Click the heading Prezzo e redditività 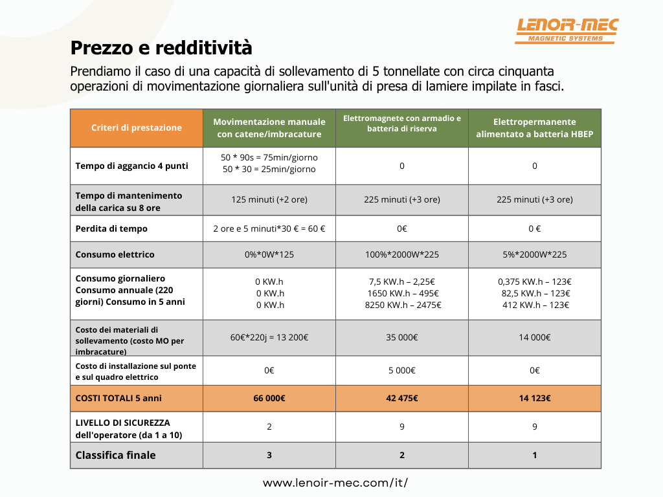(x=161, y=48)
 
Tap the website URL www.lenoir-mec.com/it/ (x=335, y=483)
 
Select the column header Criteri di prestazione (x=137, y=127)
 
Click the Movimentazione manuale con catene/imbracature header (x=269, y=128)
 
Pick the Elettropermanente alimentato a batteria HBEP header (x=535, y=128)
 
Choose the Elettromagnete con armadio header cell (x=402, y=123)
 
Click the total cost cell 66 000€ (x=269, y=398)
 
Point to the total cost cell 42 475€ (x=402, y=398)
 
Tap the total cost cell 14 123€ (x=535, y=398)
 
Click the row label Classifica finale (x=116, y=455)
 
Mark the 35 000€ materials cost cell (x=402, y=337)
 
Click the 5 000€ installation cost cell (x=402, y=370)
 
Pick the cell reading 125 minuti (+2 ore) (x=269, y=199)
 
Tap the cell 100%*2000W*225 (x=402, y=254)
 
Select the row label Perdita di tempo (x=111, y=228)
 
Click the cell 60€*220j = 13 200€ (x=269, y=337)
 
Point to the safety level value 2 (x=269, y=426)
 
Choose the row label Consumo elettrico (x=115, y=254)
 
